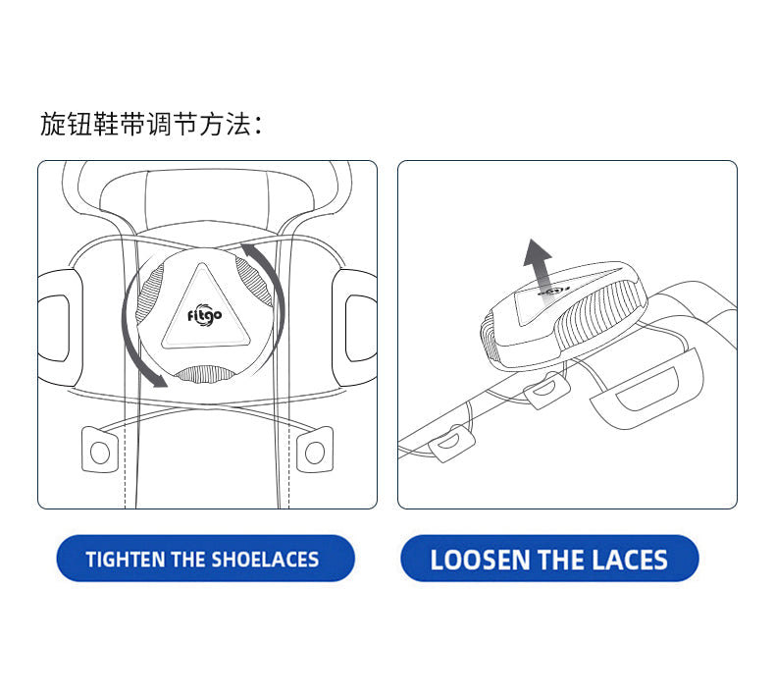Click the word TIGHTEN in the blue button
tap(126, 560)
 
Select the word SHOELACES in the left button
tap(265, 560)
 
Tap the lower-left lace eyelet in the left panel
tap(100, 451)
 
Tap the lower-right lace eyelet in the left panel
tap(314, 451)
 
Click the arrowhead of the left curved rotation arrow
tap(158, 379)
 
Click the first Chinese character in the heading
tap(52, 124)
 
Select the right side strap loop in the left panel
tap(355, 328)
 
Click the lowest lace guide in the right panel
tap(451, 444)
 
